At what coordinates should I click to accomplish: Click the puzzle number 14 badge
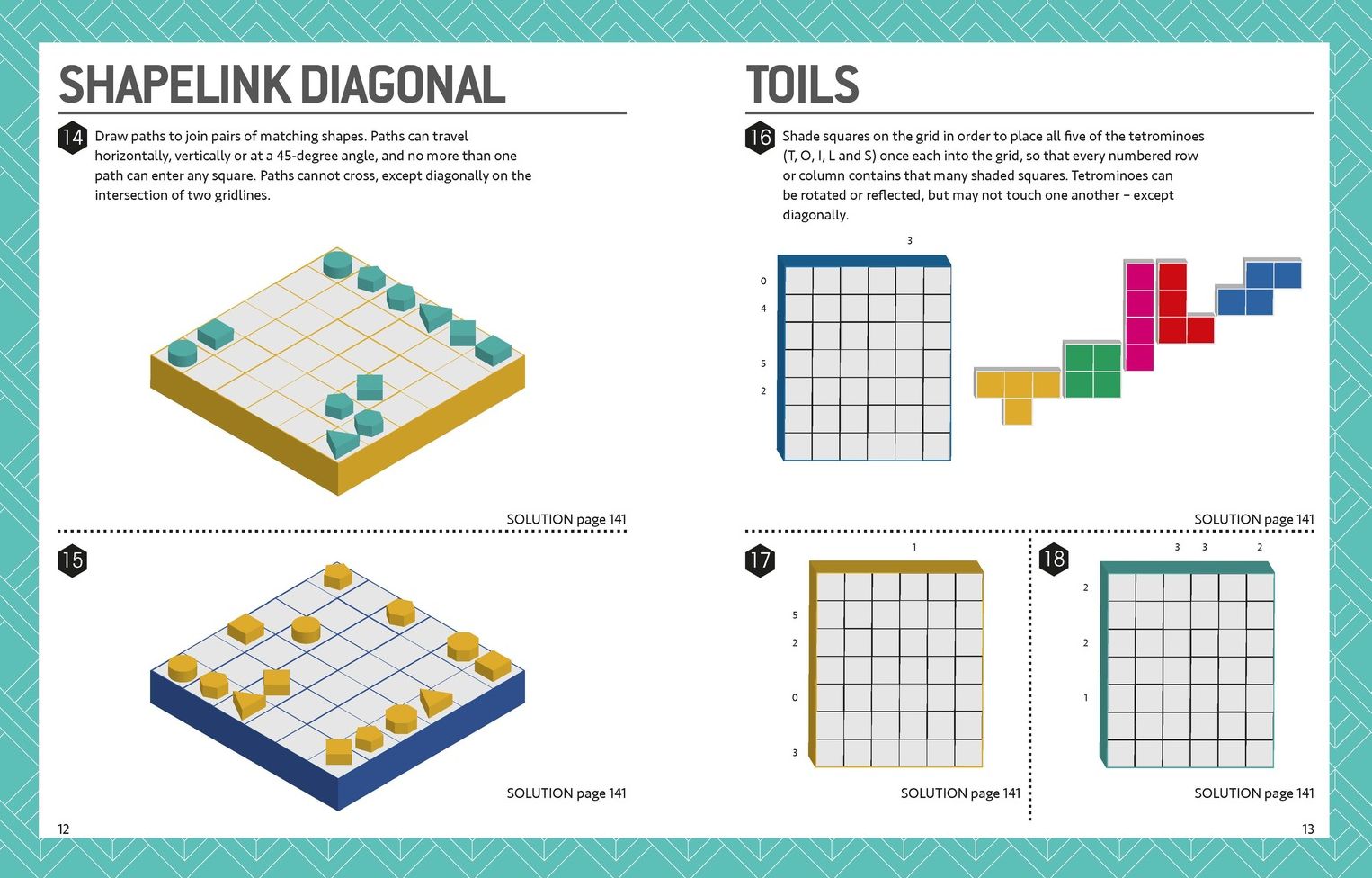(x=72, y=138)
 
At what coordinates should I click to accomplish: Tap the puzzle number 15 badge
(x=72, y=560)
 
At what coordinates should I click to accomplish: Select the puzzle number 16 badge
(x=760, y=138)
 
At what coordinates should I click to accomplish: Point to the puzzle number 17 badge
(x=760, y=560)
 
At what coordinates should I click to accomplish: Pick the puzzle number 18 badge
(x=1054, y=559)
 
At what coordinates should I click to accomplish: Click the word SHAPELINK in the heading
(x=174, y=85)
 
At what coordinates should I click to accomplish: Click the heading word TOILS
(x=802, y=85)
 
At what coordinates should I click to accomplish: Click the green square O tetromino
(x=1092, y=370)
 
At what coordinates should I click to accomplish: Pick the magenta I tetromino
(x=1139, y=315)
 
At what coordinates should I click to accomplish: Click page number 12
(x=64, y=829)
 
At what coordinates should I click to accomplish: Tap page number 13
(x=1307, y=829)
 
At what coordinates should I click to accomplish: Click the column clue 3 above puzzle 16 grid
(x=910, y=241)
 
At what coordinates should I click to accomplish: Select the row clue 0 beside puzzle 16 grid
(x=763, y=282)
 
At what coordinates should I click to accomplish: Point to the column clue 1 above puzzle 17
(x=914, y=547)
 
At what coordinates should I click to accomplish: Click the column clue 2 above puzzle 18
(x=1260, y=547)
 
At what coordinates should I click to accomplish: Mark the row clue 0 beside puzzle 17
(x=795, y=697)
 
